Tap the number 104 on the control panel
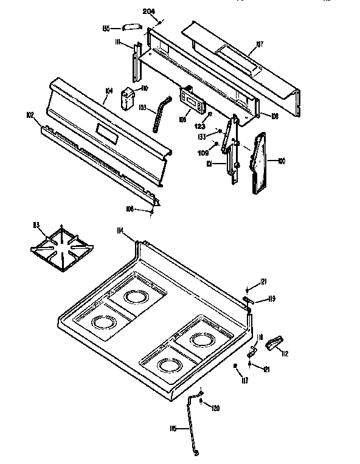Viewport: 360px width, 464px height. click(108, 91)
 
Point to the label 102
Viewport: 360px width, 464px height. click(30, 114)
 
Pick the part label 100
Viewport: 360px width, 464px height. click(281, 161)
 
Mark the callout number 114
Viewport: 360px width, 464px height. click(120, 230)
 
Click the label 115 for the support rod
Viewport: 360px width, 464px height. click(173, 429)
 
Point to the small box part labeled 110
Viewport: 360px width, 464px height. click(128, 98)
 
